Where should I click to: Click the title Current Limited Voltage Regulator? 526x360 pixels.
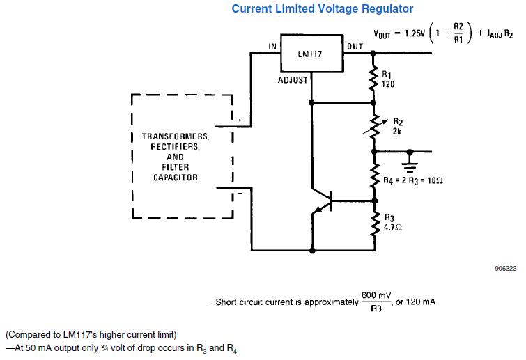pyautogui.click(x=322, y=9)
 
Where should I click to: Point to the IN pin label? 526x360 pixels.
pyautogui.click(x=272, y=47)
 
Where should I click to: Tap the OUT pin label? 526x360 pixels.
pyautogui.click(x=354, y=47)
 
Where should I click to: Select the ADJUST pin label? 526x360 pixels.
pyautogui.click(x=293, y=80)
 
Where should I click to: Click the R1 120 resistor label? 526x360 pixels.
pyautogui.click(x=388, y=78)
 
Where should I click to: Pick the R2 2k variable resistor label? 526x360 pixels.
pyautogui.click(x=397, y=125)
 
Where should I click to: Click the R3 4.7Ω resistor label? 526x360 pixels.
pyautogui.click(x=392, y=222)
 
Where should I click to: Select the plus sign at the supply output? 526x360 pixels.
pyautogui.click(x=239, y=120)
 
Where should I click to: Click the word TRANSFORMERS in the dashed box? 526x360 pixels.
pyautogui.click(x=180, y=137)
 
